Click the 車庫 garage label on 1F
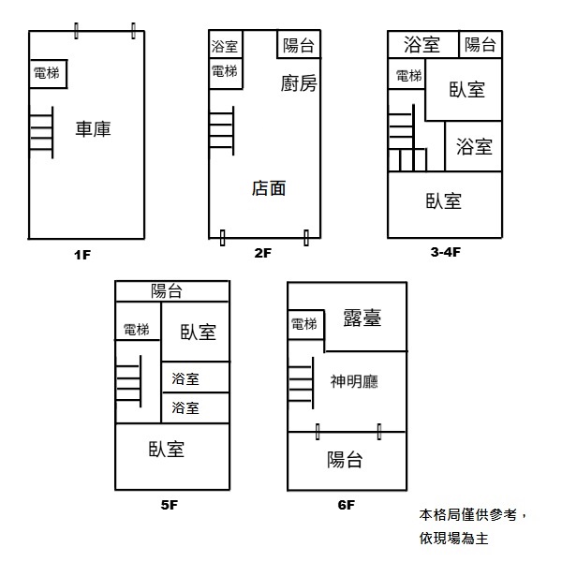[x=93, y=129]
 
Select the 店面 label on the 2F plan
[x=269, y=188]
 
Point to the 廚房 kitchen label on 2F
[x=299, y=84]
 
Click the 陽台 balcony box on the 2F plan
[x=299, y=45]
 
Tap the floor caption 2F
[x=262, y=253]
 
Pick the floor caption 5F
[x=169, y=506]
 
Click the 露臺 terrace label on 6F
[x=362, y=318]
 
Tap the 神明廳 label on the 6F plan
[x=353, y=382]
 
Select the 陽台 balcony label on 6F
[x=345, y=460]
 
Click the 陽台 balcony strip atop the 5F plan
[x=171, y=290]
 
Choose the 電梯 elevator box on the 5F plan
[x=137, y=329]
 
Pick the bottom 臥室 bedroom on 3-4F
[x=443, y=200]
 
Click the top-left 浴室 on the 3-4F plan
[x=422, y=44]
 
